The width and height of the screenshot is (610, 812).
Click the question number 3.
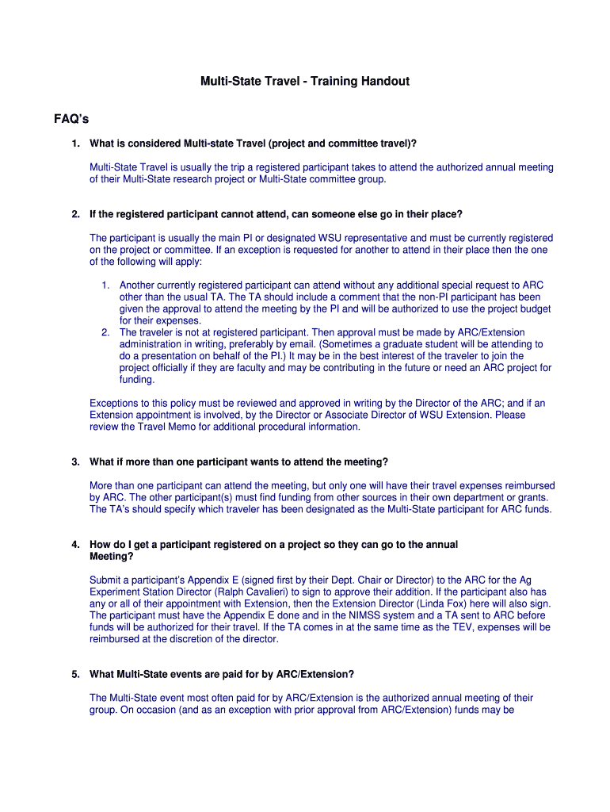coord(75,462)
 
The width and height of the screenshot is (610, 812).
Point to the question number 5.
coord(75,674)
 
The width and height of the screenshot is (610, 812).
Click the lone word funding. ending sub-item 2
coord(139,380)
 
